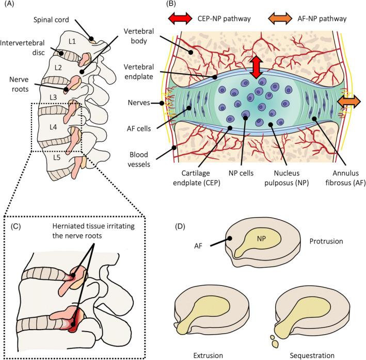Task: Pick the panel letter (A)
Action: click(8, 6)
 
